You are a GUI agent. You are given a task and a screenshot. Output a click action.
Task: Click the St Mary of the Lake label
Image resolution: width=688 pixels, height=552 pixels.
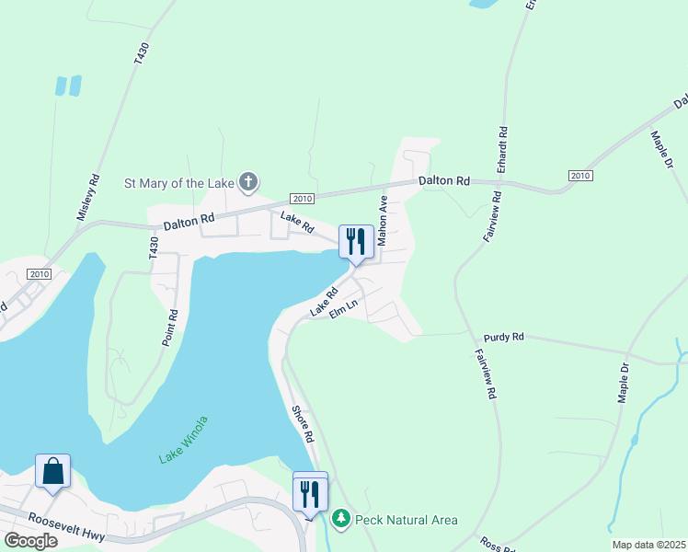click(x=178, y=183)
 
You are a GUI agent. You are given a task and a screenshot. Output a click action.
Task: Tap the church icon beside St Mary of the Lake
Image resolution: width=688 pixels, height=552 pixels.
click(x=247, y=182)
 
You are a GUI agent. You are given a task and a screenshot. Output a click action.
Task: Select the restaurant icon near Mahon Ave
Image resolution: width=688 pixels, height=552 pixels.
click(x=356, y=242)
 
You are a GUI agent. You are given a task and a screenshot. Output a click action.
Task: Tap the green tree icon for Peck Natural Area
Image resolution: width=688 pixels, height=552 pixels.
click(x=341, y=520)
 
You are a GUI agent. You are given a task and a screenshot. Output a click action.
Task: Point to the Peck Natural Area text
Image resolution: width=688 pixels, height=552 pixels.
click(x=406, y=520)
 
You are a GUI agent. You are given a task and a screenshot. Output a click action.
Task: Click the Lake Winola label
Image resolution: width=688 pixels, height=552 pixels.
click(x=183, y=440)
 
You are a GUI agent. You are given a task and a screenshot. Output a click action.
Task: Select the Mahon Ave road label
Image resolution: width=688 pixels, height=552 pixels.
click(x=384, y=218)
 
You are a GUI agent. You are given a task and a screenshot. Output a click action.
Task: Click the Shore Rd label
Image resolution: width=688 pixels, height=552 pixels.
click(x=304, y=423)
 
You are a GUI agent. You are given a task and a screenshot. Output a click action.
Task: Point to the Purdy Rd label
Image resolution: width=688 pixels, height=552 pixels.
click(x=505, y=338)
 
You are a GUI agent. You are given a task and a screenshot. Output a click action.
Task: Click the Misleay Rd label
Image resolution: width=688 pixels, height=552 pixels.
click(x=88, y=197)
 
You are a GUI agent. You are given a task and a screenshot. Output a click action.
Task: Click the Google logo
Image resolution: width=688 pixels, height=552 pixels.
click(x=30, y=541)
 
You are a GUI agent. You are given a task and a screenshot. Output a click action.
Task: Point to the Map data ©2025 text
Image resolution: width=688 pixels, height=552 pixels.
click(x=648, y=545)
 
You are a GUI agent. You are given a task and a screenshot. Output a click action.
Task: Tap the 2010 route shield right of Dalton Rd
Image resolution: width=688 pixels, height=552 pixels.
click(x=579, y=176)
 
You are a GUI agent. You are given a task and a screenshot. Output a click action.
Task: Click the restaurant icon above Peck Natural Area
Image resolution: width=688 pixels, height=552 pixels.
click(x=309, y=494)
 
